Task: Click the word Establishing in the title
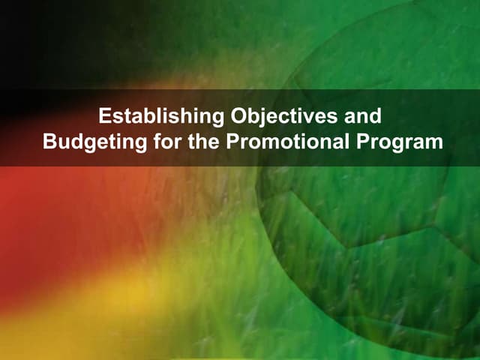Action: click(151, 117)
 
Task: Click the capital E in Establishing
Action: click(105, 117)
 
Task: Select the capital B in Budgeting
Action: click(49, 141)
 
